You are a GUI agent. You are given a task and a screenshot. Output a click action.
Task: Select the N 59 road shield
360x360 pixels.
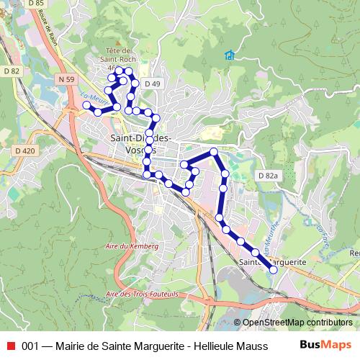tap(67, 78)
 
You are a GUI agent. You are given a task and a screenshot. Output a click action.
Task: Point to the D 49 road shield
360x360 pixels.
tap(151, 84)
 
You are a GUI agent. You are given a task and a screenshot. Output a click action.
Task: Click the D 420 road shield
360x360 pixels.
tap(24, 150)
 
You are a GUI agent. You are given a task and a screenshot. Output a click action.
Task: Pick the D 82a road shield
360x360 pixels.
tap(267, 176)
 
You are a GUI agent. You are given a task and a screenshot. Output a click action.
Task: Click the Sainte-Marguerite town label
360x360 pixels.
tap(271, 263)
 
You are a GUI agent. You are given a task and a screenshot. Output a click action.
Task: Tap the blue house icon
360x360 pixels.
tap(229, 55)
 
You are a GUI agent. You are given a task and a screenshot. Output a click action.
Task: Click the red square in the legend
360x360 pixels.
tap(10, 346)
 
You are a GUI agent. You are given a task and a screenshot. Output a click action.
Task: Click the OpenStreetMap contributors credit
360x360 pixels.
tap(297, 323)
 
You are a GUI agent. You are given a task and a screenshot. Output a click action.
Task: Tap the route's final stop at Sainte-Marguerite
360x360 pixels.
tap(273, 270)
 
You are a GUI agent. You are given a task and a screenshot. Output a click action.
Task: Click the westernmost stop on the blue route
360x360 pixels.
tap(86, 105)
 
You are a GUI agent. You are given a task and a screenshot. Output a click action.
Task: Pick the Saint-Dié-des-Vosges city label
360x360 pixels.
tap(140, 143)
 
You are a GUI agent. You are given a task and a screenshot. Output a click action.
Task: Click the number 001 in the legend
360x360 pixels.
tap(30, 346)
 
